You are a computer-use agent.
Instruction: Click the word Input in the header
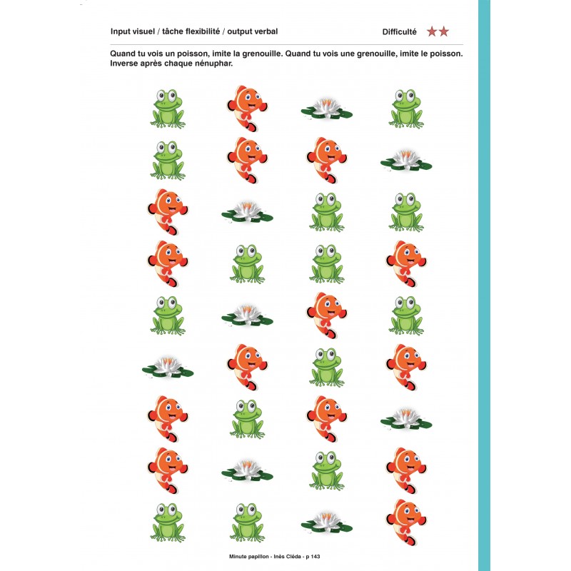pyautogui.click(x=121, y=32)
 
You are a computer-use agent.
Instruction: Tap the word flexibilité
pyautogui.click(x=203, y=31)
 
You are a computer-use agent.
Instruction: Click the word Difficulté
pyautogui.click(x=400, y=31)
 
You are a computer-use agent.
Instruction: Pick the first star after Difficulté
pyautogui.click(x=432, y=31)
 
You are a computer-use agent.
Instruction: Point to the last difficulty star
pyautogui.click(x=443, y=31)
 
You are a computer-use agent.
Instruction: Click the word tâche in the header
pyautogui.click(x=173, y=31)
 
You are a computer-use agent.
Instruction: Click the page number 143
pyautogui.click(x=315, y=557)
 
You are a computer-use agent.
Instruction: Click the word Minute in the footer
pyautogui.click(x=238, y=557)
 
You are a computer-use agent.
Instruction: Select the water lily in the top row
pyautogui.click(x=327, y=108)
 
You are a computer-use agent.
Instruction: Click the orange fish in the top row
pyautogui.click(x=247, y=108)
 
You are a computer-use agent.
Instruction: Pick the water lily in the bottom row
pyautogui.click(x=327, y=522)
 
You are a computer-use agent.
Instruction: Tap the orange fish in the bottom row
pyautogui.click(x=406, y=522)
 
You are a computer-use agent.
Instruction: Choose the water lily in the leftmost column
pyautogui.click(x=168, y=367)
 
